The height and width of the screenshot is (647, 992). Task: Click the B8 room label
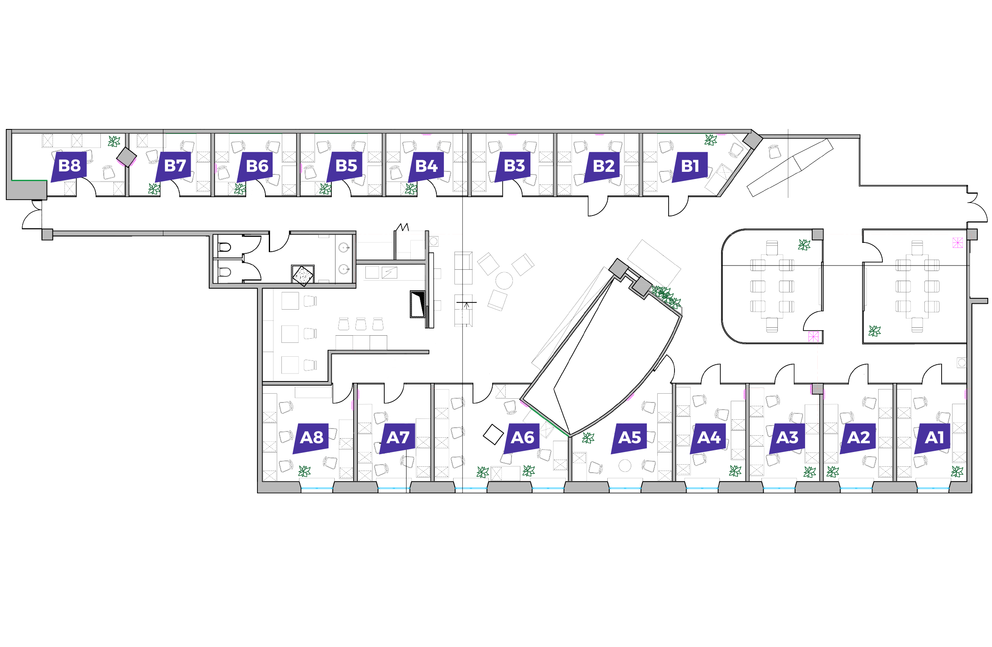pos(69,166)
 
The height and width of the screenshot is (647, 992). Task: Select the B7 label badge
pos(175,166)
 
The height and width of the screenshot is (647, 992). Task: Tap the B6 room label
pos(257,166)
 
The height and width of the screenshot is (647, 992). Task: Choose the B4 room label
pos(426,166)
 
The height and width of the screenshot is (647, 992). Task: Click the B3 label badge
pos(514,166)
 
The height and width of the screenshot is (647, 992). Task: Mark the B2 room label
pos(604,166)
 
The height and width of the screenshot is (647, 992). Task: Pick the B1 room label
pos(690,166)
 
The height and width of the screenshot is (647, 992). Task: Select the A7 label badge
pos(398,438)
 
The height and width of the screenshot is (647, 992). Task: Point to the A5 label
pos(630,438)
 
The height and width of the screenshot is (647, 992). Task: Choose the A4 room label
pos(709,438)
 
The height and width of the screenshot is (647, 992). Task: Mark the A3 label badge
pos(787,438)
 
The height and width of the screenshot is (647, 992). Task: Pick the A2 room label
pos(858,438)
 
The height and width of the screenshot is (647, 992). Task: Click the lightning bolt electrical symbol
pos(389,273)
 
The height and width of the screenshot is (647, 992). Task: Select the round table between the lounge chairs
pos(504,280)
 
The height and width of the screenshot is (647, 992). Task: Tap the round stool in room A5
pos(625,466)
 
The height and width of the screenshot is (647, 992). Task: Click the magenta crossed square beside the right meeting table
pos(958,242)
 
